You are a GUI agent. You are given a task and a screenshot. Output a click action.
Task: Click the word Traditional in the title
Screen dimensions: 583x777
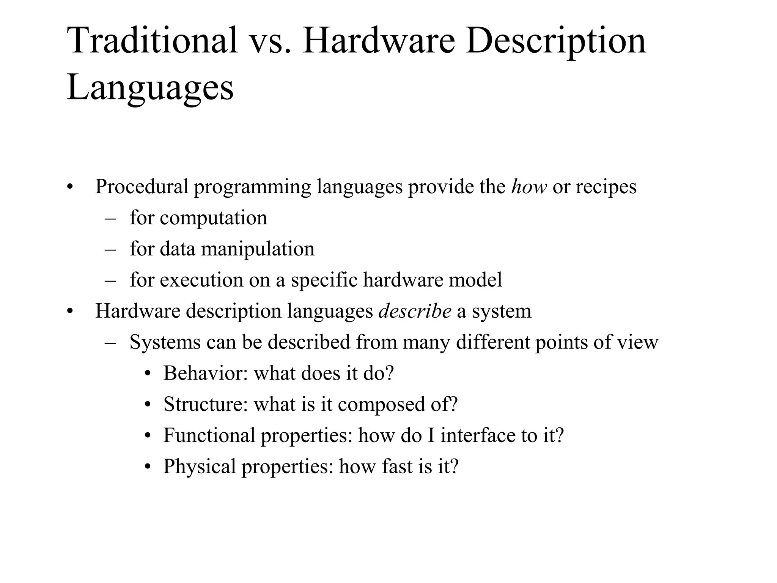click(x=152, y=41)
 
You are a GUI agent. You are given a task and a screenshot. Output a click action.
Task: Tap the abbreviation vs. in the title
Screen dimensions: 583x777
click(x=269, y=41)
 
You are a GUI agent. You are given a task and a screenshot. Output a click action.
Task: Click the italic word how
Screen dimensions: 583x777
click(x=529, y=187)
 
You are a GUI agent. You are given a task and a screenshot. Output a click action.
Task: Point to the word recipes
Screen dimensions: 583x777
click(x=606, y=188)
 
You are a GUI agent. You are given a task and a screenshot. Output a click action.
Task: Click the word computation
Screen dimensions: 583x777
click(x=213, y=219)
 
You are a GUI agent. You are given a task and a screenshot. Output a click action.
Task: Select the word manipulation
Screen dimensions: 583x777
click(x=258, y=249)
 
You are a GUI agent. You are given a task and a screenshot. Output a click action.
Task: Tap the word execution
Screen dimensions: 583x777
click(x=201, y=280)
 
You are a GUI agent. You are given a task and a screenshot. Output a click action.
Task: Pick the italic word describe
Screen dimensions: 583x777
click(x=415, y=311)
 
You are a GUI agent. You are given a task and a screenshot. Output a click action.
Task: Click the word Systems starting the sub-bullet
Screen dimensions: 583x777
click(x=165, y=342)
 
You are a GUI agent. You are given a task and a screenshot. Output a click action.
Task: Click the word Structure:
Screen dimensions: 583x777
click(x=205, y=404)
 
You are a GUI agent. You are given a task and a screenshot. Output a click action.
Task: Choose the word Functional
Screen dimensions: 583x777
click(x=209, y=435)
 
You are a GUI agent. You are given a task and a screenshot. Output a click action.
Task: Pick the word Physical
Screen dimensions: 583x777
click(x=200, y=467)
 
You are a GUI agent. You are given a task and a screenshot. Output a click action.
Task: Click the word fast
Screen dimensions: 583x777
click(x=397, y=466)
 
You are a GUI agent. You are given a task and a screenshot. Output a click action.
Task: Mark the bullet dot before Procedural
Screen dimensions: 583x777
click(x=69, y=188)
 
